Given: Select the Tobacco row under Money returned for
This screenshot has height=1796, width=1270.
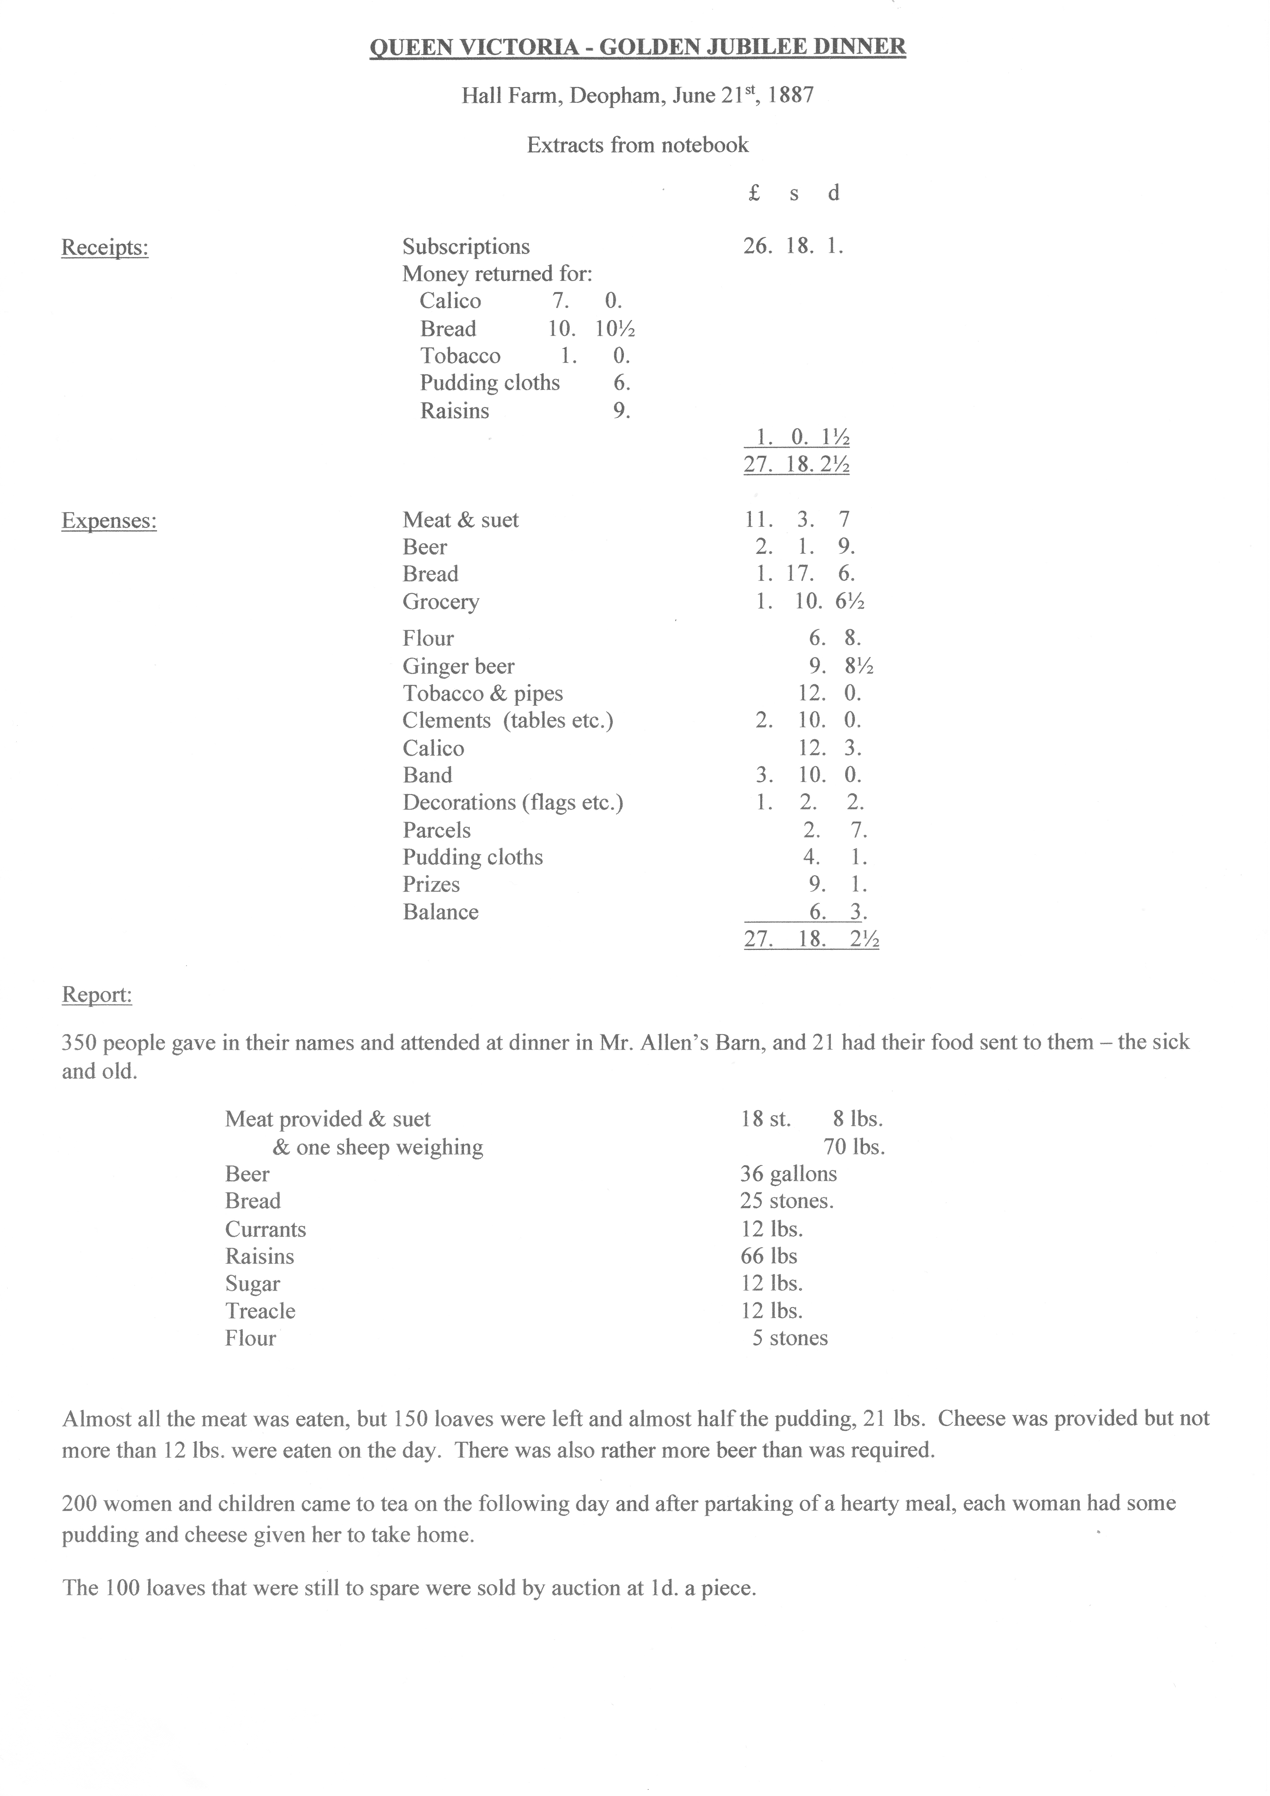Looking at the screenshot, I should pyautogui.click(x=460, y=356).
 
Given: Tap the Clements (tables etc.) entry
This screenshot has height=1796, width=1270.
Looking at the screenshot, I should pyautogui.click(x=508, y=720).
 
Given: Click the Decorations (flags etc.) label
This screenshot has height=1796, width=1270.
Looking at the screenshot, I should pyautogui.click(x=513, y=803).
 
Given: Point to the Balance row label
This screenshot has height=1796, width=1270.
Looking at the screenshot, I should pyautogui.click(x=441, y=912).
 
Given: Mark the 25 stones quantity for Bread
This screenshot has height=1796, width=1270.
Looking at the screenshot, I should pyautogui.click(x=786, y=1201).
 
